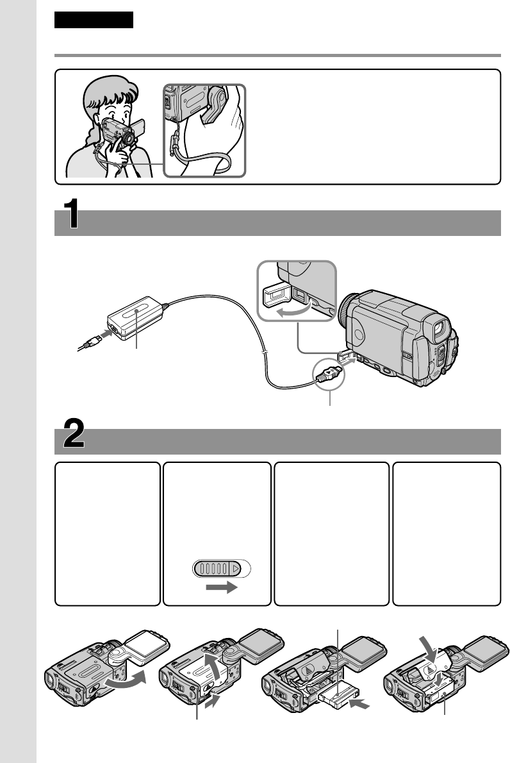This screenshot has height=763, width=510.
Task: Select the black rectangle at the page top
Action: (94, 20)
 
